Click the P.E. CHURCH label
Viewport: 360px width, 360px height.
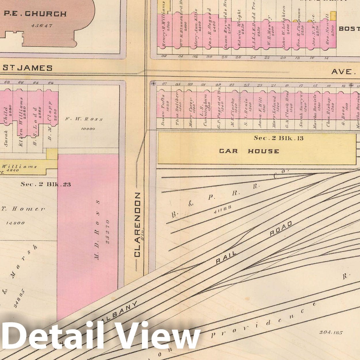(35, 14)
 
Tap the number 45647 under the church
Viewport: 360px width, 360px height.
(42, 26)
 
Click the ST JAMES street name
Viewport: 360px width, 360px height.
(28, 68)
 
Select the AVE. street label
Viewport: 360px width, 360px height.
(341, 72)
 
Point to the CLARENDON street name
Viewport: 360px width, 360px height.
(137, 224)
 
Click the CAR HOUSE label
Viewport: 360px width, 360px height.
(249, 151)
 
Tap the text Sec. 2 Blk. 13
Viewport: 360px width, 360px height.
(279, 138)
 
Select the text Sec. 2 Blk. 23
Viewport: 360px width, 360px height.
(45, 184)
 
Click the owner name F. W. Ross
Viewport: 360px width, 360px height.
(84, 119)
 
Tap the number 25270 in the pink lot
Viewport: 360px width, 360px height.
(108, 232)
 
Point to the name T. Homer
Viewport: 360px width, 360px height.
(28, 209)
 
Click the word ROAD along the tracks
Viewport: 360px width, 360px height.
(281, 229)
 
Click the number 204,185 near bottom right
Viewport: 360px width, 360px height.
(331, 332)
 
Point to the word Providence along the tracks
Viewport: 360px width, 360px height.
(265, 321)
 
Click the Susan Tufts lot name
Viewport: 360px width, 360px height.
(164, 110)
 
